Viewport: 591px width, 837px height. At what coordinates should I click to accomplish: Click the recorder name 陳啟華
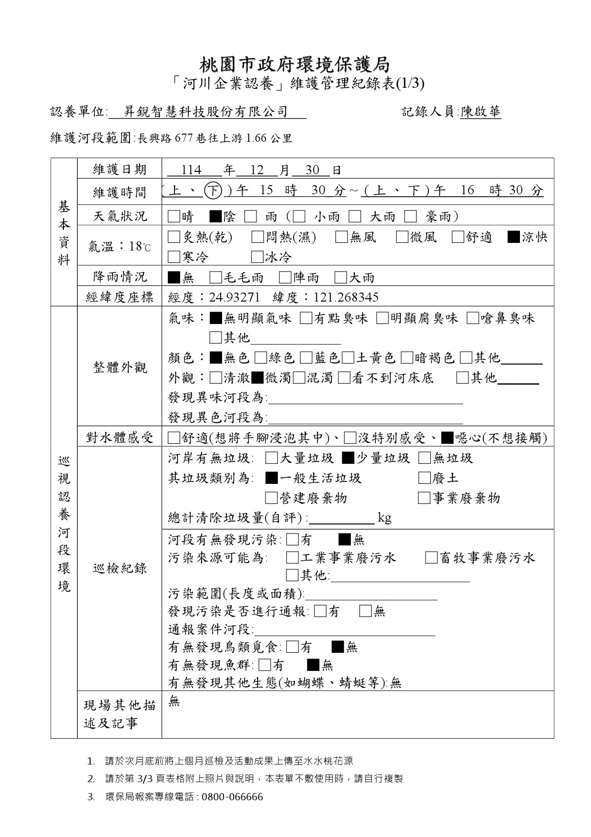tap(480, 112)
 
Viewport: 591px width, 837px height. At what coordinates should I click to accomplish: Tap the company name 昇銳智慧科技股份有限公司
tap(206, 112)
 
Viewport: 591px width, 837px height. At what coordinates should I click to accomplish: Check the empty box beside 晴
tap(174, 217)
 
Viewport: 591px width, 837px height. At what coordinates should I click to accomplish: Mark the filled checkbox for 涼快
tap(513, 237)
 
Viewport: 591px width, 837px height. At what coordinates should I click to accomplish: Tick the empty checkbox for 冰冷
tap(257, 257)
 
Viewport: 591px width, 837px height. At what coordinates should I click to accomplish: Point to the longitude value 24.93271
tap(234, 298)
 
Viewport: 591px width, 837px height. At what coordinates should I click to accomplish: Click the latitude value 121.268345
tap(346, 298)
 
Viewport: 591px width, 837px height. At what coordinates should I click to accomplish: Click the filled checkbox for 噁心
tap(447, 438)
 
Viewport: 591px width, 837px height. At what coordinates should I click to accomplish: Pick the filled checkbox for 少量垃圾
tap(348, 458)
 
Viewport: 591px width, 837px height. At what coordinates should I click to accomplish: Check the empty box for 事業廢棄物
tap(424, 498)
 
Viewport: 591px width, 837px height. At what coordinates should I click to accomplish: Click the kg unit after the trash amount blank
tap(385, 518)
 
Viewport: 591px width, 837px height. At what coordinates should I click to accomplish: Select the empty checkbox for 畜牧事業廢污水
tap(431, 558)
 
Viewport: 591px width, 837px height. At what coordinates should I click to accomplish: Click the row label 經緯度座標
tap(120, 298)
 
